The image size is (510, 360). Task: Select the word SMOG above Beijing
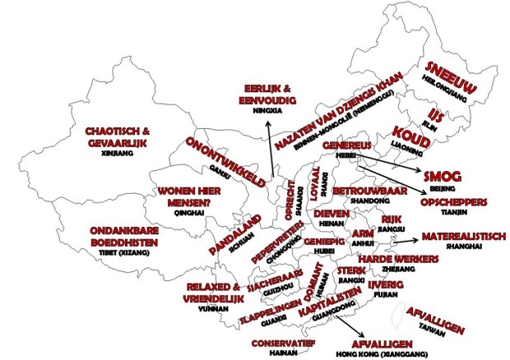(x=442, y=177)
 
